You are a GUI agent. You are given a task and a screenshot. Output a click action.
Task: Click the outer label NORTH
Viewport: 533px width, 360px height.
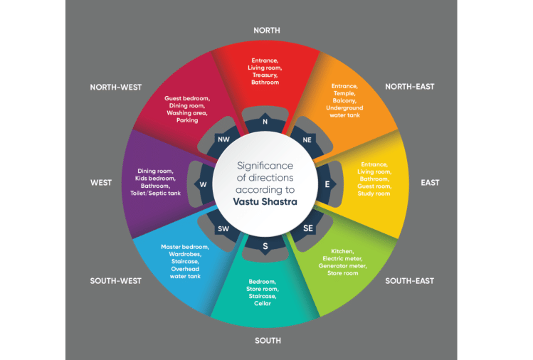tap(267, 30)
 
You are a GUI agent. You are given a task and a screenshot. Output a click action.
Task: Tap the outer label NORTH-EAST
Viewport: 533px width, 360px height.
tap(409, 87)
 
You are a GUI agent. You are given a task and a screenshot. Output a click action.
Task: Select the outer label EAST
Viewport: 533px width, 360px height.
tap(430, 183)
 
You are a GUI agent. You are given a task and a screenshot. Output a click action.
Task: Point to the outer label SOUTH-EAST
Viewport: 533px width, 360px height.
tap(409, 281)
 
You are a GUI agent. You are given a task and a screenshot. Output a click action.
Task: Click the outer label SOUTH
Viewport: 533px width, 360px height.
tap(268, 341)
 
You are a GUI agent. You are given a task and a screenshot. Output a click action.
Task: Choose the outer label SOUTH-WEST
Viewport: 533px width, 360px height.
tap(116, 281)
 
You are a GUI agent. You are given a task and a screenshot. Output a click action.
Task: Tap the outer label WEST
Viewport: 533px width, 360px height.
tap(101, 183)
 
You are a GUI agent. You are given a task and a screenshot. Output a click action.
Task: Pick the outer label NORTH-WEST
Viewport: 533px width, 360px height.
tap(116, 88)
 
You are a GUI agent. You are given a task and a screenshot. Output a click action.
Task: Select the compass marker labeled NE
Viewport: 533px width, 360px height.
tap(307, 140)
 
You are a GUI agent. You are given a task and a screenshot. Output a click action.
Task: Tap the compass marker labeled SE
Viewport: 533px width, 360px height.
tap(307, 228)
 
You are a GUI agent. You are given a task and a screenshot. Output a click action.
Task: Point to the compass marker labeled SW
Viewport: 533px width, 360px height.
tap(223, 228)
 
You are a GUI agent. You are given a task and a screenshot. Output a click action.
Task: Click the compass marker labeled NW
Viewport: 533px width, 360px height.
tap(223, 139)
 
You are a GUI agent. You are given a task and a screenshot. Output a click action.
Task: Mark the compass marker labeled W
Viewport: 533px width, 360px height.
tap(204, 185)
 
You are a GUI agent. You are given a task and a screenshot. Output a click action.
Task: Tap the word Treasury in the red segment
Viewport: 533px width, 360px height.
tap(265, 75)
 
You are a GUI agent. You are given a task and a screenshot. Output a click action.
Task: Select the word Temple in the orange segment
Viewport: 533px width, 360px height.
tap(344, 93)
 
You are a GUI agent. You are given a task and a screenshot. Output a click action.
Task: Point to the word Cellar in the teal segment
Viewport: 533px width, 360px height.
tap(264, 304)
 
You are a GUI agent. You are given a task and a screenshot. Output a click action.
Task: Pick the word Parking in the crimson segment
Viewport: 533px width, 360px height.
tap(187, 120)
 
